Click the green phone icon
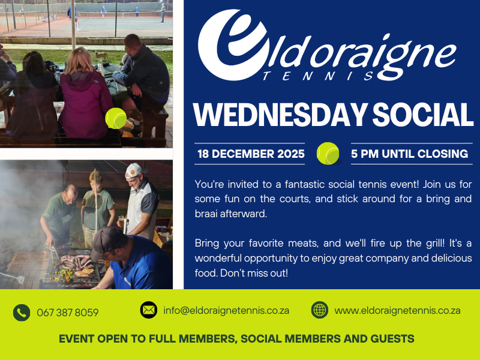point(22,313)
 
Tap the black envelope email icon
point(149,310)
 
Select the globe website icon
point(320,310)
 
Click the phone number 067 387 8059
point(68,313)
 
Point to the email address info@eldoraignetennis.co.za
point(226,310)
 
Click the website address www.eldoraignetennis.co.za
point(397,310)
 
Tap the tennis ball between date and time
point(328,154)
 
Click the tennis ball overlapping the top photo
point(116,118)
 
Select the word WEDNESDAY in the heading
point(280,115)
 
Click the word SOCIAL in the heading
point(423,115)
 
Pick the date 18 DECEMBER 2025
point(251,154)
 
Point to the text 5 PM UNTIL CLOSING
point(410,154)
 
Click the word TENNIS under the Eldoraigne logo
point(319,76)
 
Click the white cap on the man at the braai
point(134,170)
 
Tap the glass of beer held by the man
point(121,220)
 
